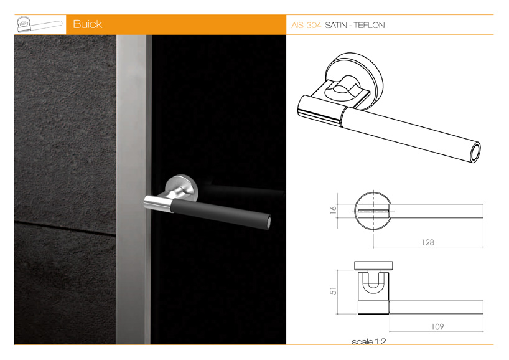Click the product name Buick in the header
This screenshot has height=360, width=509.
click(x=87, y=24)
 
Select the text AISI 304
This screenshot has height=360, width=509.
click(x=306, y=26)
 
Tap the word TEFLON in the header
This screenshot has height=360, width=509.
click(x=369, y=26)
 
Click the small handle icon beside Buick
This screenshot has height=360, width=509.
click(x=39, y=24)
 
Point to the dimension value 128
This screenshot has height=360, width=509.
click(x=427, y=242)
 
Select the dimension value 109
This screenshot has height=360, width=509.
click(x=437, y=326)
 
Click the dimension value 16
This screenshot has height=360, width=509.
click(x=334, y=210)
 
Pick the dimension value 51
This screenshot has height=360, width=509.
click(x=334, y=290)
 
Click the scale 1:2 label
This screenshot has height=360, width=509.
click(x=369, y=341)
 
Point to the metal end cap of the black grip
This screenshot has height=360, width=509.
click(x=268, y=222)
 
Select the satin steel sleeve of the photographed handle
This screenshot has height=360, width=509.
click(x=158, y=204)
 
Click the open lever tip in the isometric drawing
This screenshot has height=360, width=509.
click(x=475, y=153)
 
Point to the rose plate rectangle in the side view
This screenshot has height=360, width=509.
click(x=373, y=265)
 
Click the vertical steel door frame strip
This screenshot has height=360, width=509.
click(x=134, y=189)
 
